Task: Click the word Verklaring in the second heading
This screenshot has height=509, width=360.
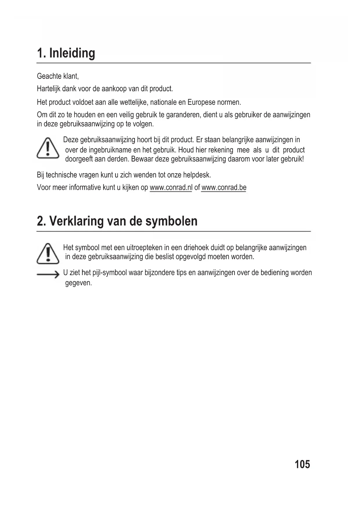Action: pos(77,221)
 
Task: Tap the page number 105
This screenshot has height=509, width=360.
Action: pos(302,464)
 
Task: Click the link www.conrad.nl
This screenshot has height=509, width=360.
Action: pos(171,187)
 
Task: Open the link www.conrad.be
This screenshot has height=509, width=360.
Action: pos(224,187)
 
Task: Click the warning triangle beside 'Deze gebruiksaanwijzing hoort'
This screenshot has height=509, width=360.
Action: pos(48,149)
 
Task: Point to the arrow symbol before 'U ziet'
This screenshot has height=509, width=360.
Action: pos(48,275)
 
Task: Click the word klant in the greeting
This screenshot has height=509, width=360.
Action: pos(71,76)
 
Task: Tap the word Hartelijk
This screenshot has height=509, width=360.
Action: pos(48,89)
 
